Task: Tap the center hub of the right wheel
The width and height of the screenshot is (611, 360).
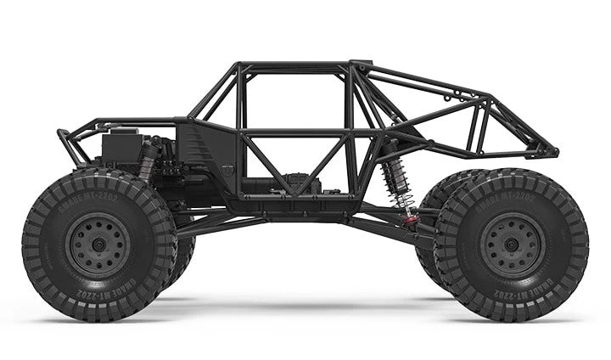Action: [x=511, y=245]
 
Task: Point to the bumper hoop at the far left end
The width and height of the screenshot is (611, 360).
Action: [x=70, y=144]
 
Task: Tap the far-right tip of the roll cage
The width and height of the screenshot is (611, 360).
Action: [x=553, y=153]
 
